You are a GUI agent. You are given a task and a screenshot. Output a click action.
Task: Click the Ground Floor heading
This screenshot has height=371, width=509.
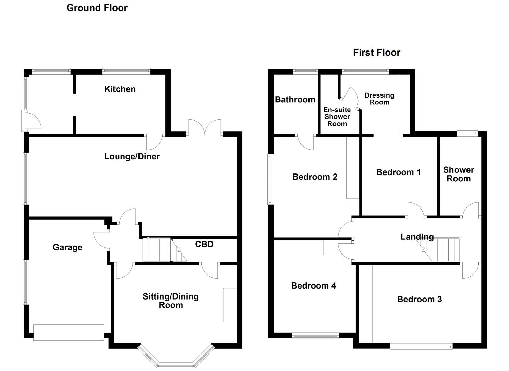(x=97, y=8)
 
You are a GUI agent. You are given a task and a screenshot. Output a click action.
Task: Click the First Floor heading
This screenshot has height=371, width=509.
(x=377, y=53)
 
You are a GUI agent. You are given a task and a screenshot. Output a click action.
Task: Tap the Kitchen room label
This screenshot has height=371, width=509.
(x=120, y=89)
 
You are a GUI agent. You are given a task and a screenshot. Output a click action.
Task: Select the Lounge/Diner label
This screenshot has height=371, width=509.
(x=132, y=157)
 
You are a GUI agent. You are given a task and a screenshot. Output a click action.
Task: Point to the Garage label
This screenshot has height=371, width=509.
(x=68, y=247)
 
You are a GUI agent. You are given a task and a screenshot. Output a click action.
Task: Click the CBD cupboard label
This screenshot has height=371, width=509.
(x=204, y=244)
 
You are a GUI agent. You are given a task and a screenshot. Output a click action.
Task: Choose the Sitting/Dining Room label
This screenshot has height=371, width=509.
(x=171, y=301)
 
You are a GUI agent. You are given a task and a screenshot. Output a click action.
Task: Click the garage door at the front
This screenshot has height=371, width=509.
(x=69, y=333)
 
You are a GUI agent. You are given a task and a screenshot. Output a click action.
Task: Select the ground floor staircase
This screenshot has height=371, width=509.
(x=161, y=250)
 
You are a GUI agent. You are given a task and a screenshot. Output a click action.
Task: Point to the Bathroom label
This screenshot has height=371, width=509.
(x=295, y=100)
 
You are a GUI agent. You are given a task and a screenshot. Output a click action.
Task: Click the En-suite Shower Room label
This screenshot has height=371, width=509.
(x=337, y=117)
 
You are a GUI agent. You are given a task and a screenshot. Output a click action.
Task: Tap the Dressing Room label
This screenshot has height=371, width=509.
(x=379, y=99)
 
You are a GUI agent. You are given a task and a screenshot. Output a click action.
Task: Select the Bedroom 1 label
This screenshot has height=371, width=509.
(x=398, y=172)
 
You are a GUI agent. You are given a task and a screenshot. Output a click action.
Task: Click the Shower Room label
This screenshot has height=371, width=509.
(x=459, y=174)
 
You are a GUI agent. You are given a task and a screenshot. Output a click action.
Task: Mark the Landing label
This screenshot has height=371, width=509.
(x=417, y=237)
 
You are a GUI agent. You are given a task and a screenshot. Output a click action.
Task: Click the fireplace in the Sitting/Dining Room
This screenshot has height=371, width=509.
(x=230, y=305)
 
